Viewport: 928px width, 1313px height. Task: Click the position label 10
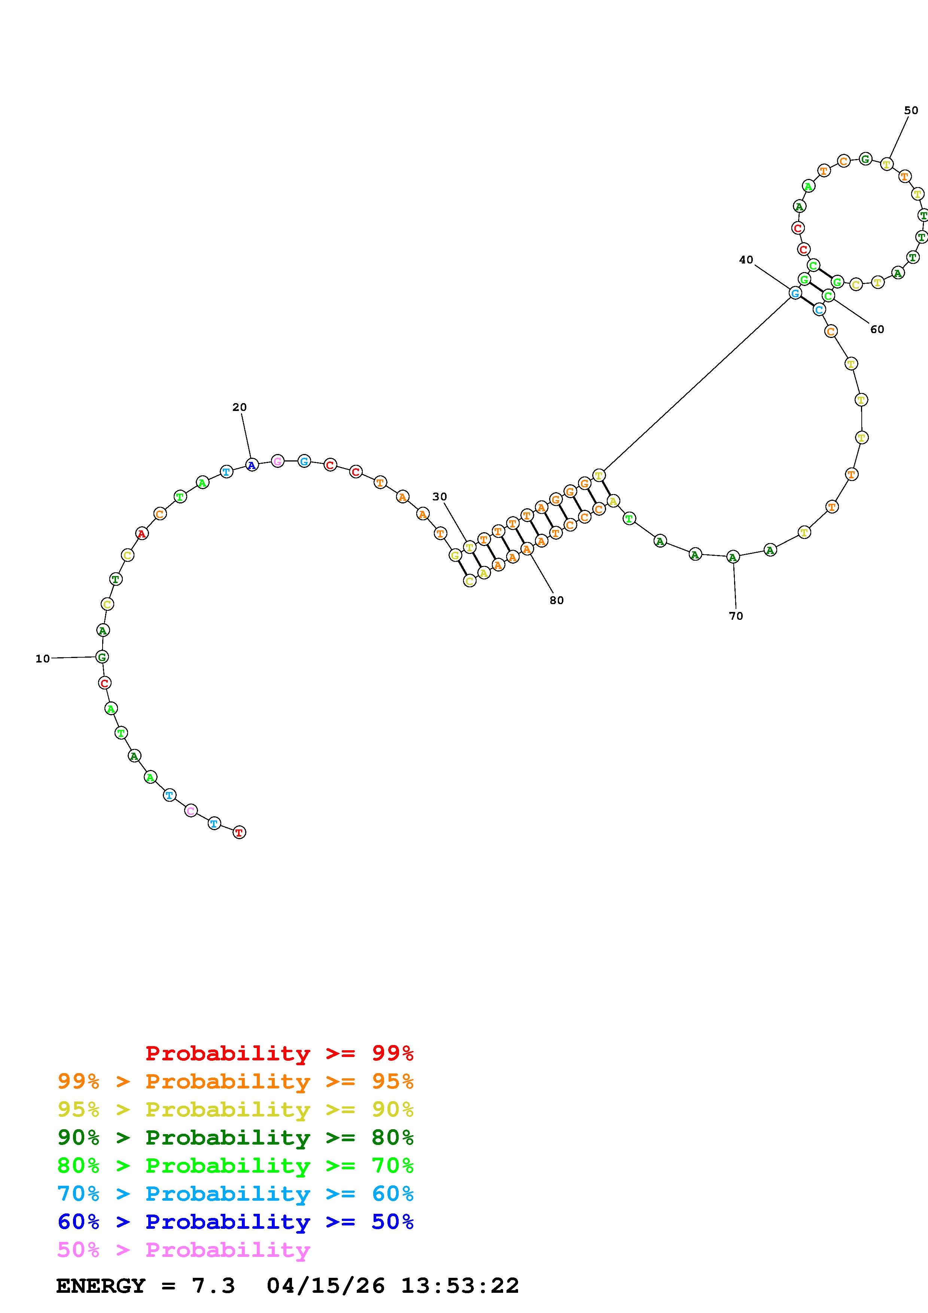coord(43,659)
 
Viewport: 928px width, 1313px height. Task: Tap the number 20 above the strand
coord(240,407)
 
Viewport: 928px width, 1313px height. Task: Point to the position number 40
coord(746,260)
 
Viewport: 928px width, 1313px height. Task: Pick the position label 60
coord(877,329)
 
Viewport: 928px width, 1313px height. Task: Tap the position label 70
coord(736,616)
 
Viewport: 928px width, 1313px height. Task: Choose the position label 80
coord(556,600)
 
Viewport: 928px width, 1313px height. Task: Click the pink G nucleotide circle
coord(277,461)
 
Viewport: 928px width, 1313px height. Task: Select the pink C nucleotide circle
coord(191,810)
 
